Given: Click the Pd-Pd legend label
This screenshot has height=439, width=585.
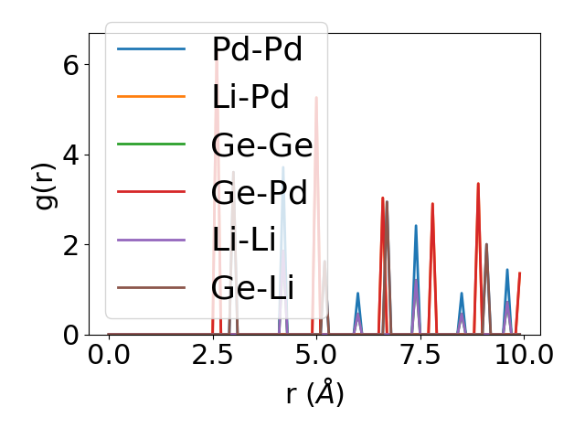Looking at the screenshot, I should (256, 49).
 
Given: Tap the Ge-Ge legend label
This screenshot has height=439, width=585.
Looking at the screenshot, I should (261, 145).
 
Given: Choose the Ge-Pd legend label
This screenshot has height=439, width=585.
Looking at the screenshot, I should (259, 193).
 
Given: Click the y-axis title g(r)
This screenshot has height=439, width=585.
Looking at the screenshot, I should (46, 183).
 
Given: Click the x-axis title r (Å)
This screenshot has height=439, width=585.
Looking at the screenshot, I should (314, 394).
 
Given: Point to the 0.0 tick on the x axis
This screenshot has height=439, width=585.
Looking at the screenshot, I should (109, 355).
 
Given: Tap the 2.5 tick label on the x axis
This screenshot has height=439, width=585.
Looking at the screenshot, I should (213, 355).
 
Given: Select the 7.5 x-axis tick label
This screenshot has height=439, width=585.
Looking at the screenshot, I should (420, 355).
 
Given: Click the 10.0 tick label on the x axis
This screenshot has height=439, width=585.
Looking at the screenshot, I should (523, 355).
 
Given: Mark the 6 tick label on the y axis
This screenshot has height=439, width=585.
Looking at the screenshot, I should (69, 65).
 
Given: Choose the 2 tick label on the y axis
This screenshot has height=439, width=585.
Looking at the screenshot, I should (69, 245).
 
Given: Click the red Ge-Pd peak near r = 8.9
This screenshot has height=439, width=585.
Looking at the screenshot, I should (477, 184).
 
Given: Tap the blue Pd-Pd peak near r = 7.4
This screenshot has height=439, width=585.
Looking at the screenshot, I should (416, 226).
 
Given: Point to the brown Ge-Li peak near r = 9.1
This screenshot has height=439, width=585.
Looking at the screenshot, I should (486, 244).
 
